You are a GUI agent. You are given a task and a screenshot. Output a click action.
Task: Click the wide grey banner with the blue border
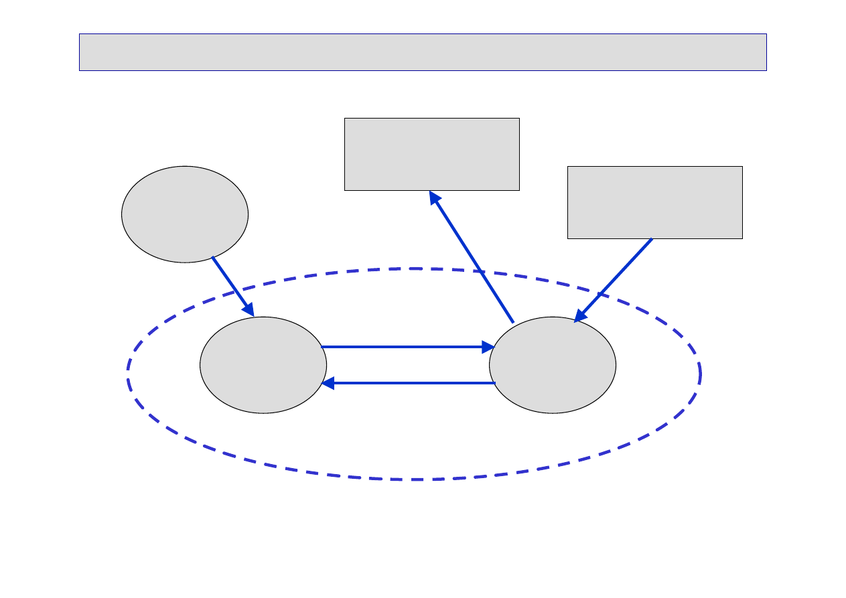click(x=423, y=52)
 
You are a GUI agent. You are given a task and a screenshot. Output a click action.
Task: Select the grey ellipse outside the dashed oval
click(x=185, y=214)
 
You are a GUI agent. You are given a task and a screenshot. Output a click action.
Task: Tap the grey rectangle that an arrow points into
click(x=432, y=155)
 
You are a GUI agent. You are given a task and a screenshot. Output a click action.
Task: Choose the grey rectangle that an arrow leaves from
click(x=655, y=202)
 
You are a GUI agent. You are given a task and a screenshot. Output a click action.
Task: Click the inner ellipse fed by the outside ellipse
click(x=263, y=365)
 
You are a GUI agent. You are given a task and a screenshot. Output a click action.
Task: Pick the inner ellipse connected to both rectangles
click(x=553, y=365)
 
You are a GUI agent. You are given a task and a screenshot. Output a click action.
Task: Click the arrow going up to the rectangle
click(x=472, y=258)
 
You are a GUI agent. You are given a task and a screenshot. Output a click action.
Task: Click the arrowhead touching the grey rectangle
click(x=435, y=198)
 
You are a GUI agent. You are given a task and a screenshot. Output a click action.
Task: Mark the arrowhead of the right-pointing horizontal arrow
click(x=488, y=347)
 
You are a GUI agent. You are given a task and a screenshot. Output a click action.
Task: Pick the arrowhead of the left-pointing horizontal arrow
click(x=328, y=383)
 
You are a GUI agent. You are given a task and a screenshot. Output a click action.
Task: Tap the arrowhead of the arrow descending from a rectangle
click(x=580, y=316)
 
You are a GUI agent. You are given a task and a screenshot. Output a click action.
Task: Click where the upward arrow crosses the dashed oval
click(x=480, y=271)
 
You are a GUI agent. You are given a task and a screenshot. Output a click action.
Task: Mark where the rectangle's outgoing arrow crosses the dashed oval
click(x=600, y=293)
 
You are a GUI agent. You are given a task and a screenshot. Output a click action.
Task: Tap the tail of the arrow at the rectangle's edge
click(x=652, y=239)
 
